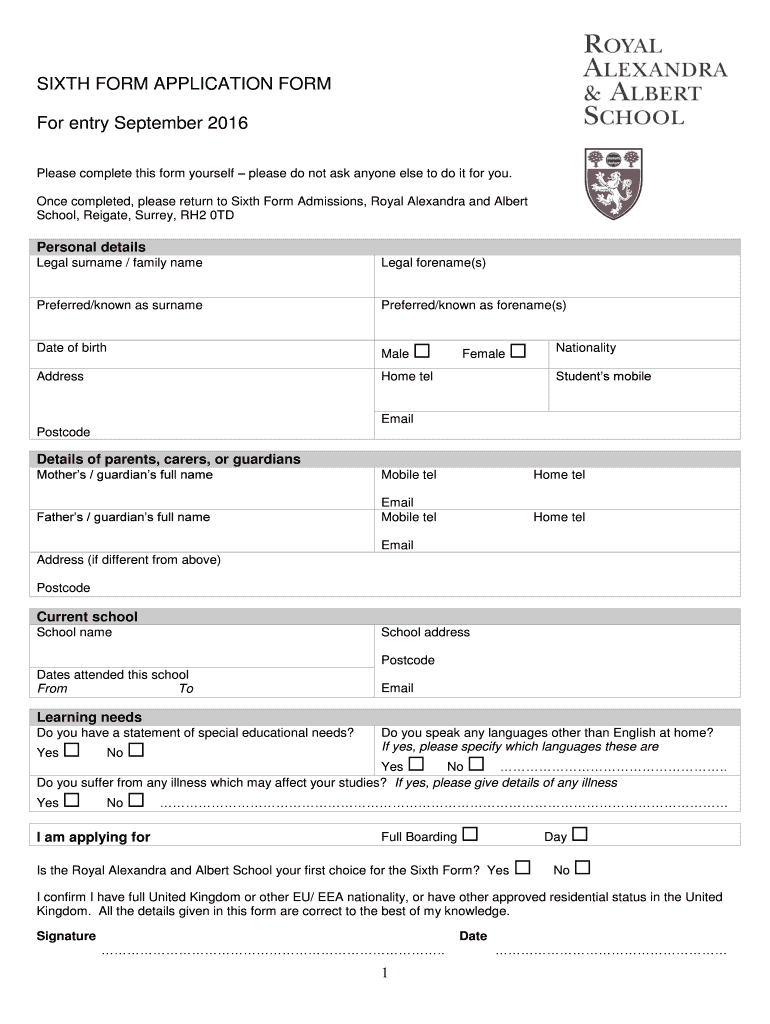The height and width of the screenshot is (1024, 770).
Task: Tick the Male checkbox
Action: pyautogui.click(x=422, y=351)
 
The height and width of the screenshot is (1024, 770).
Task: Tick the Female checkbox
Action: pyautogui.click(x=518, y=351)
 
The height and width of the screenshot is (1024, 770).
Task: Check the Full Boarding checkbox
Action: pyautogui.click(x=470, y=834)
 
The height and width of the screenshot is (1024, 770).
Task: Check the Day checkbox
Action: pyautogui.click(x=580, y=834)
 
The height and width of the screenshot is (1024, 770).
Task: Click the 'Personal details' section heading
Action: pyautogui.click(x=91, y=247)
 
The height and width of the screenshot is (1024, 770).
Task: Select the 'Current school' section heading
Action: pyautogui.click(x=87, y=617)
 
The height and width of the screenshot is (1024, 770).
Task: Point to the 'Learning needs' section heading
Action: pyautogui.click(x=89, y=717)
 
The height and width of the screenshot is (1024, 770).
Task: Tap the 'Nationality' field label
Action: pyautogui.click(x=586, y=348)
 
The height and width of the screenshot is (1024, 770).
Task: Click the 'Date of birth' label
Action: pyautogui.click(x=72, y=348)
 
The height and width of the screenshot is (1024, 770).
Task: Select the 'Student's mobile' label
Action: pyautogui.click(x=603, y=377)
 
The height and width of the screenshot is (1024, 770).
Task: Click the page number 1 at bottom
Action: pyautogui.click(x=385, y=975)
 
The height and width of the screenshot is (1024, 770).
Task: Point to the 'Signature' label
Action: pyautogui.click(x=66, y=936)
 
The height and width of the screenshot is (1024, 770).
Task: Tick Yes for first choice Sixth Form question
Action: pyautogui.click(x=523, y=868)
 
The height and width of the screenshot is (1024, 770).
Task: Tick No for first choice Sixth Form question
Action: pyautogui.click(x=583, y=868)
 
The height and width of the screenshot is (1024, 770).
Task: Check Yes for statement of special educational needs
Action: pyautogui.click(x=72, y=750)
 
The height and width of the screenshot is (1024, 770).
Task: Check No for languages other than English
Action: pyautogui.click(x=476, y=765)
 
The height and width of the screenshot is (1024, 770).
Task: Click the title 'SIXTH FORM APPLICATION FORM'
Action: pyautogui.click(x=184, y=85)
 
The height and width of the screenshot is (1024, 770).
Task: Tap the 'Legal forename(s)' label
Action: pyautogui.click(x=433, y=263)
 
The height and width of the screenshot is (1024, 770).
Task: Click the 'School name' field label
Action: pyautogui.click(x=74, y=632)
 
